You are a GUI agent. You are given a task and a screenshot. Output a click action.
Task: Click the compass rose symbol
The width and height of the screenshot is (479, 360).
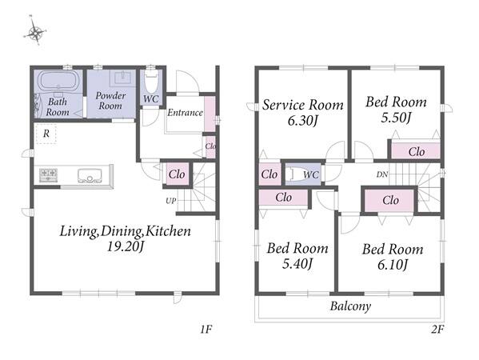tap(35, 31)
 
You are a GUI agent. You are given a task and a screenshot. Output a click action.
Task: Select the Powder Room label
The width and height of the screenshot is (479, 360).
tap(110, 101)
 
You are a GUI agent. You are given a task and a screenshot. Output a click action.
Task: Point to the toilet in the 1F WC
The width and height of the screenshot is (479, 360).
tap(151, 80)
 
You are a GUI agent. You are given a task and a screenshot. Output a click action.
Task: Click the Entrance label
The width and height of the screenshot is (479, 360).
tap(185, 113)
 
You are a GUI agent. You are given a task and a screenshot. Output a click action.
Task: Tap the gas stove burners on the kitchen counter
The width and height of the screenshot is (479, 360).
tap(48, 175)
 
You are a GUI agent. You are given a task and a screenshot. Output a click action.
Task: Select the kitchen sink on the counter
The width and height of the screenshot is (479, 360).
tap(90, 175)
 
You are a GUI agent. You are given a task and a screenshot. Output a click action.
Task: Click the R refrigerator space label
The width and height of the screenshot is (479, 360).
tap(46, 134)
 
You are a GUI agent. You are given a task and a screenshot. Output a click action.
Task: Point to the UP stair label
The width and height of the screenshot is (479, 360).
tap(171, 201)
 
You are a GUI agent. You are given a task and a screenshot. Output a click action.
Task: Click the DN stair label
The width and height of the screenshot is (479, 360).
tap(382, 174)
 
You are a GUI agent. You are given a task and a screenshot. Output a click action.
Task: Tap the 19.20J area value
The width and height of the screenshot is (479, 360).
tap(126, 246)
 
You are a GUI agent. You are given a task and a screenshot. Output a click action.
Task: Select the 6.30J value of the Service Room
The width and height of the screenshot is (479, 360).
tap(303, 121)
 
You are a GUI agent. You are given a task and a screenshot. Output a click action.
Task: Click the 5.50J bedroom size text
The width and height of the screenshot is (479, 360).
tap(396, 118)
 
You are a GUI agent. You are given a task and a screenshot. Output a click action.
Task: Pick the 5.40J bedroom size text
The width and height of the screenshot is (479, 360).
tap(297, 264)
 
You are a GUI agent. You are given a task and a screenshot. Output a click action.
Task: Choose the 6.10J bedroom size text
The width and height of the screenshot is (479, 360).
tap(393, 265)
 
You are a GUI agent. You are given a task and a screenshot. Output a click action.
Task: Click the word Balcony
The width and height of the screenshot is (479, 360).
tap(350, 306)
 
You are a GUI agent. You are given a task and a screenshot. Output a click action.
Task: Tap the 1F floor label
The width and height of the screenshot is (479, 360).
tap(206, 330)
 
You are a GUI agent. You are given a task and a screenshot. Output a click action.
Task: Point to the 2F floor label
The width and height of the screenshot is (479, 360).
tap(437, 329)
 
